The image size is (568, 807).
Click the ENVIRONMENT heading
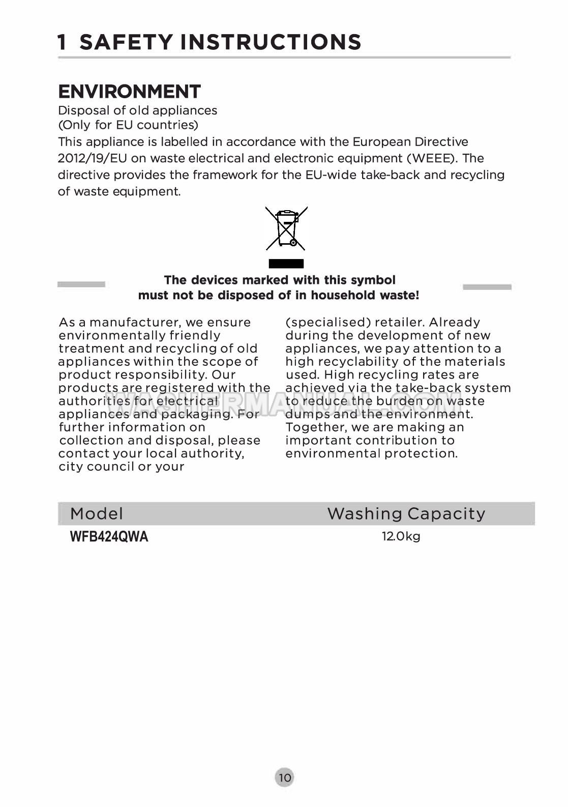[x=129, y=92]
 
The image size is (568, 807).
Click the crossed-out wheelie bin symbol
[x=286, y=228]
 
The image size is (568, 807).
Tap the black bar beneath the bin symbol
[x=286, y=264]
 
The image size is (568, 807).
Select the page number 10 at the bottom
[x=285, y=777]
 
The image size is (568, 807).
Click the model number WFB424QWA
[x=109, y=537]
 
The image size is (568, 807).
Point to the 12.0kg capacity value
[x=401, y=536]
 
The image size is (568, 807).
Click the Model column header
[x=97, y=513]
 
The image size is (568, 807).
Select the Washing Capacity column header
[x=406, y=513]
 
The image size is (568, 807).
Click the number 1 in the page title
[x=62, y=42]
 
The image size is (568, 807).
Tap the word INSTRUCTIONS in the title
[x=271, y=42]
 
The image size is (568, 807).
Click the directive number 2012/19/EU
[x=92, y=158]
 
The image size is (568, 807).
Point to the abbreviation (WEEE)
[x=432, y=158]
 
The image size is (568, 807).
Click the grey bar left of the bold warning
[x=81, y=284]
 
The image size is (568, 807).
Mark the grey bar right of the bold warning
[x=487, y=287]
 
